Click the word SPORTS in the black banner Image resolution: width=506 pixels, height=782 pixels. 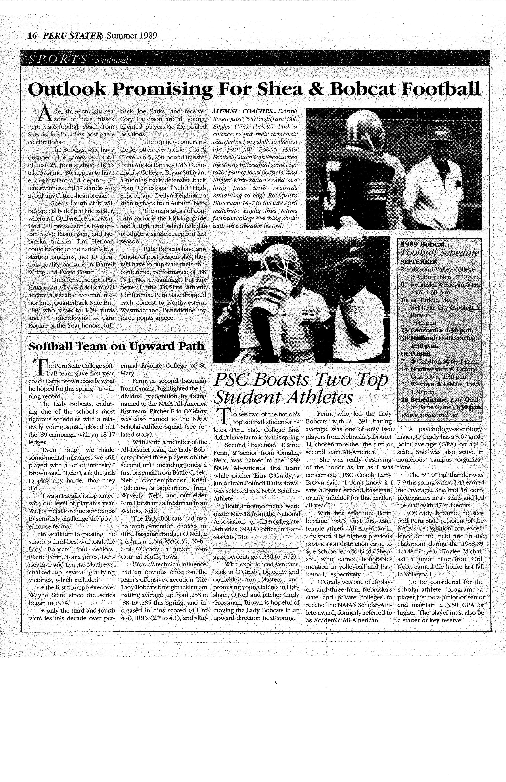57,59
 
